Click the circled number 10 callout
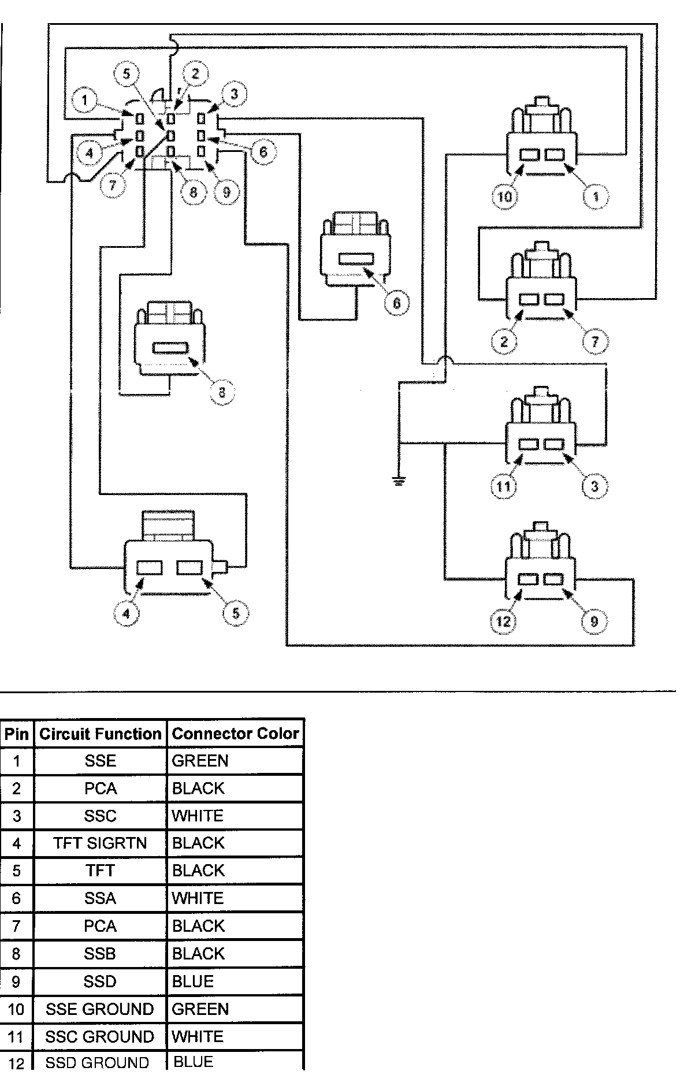pyautogui.click(x=505, y=196)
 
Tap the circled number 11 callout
pyautogui.click(x=503, y=486)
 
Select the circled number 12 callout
pyautogui.click(x=503, y=621)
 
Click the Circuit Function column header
pyautogui.click(x=101, y=734)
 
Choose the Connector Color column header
pyautogui.click(x=235, y=734)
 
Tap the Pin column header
pyautogui.click(x=16, y=734)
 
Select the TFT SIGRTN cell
pyautogui.click(x=101, y=843)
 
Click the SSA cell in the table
pyautogui.click(x=101, y=898)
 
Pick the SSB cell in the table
pyautogui.click(x=101, y=953)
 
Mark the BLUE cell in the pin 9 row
pyautogui.click(x=193, y=981)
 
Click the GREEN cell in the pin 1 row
pyautogui.click(x=200, y=761)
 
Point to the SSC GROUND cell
pyautogui.click(x=100, y=1036)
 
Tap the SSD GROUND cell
pyautogui.click(x=98, y=1062)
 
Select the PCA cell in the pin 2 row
pyautogui.click(x=101, y=789)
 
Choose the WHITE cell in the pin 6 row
pyautogui.click(x=198, y=898)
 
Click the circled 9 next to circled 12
pyautogui.click(x=594, y=621)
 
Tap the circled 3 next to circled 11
pyautogui.click(x=595, y=486)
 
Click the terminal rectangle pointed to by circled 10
pyautogui.click(x=530, y=155)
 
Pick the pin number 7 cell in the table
pyautogui.click(x=16, y=926)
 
